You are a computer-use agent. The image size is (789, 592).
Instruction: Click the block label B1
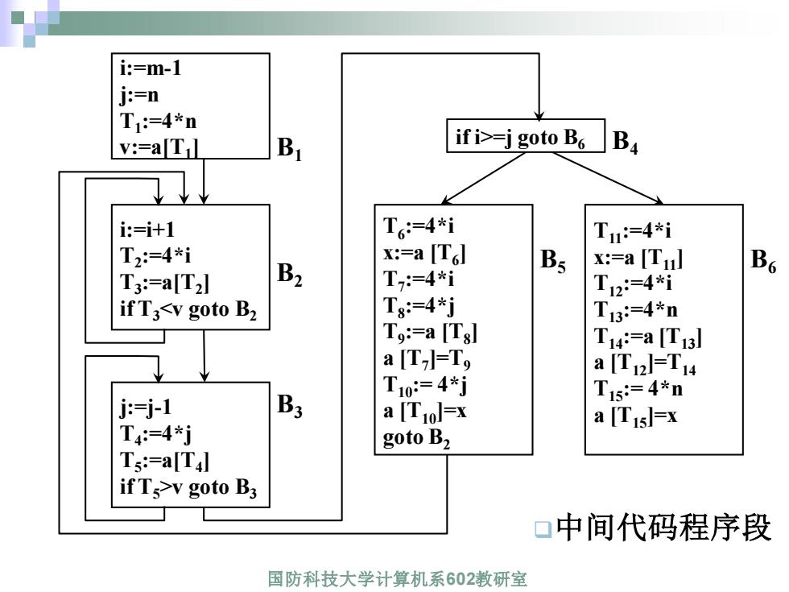tap(289, 148)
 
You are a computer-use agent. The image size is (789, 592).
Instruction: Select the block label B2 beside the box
tap(289, 275)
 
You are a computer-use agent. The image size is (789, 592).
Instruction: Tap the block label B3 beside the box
tap(289, 406)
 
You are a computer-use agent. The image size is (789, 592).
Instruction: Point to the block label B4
tap(625, 142)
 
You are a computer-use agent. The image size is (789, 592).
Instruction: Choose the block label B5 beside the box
tap(552, 261)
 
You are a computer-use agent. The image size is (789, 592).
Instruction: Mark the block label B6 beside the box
tap(763, 261)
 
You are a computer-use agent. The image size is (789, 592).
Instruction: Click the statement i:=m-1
tap(151, 68)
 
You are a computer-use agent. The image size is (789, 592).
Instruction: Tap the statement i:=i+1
tap(147, 230)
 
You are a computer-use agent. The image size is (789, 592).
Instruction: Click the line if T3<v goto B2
tap(188, 309)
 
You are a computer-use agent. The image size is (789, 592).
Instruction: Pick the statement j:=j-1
tap(146, 407)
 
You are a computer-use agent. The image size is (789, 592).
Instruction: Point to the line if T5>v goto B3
tap(188, 487)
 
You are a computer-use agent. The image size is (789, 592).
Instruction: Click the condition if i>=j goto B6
tap(520, 138)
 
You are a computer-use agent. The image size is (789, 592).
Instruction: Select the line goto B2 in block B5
tap(417, 438)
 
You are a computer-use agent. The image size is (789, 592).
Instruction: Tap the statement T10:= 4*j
tap(425, 385)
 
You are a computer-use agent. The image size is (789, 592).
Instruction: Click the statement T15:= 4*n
tap(638, 389)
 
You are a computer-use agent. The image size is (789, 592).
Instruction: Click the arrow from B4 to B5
tap(484, 178)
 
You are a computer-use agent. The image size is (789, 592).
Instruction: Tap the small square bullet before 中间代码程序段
tap(543, 529)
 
